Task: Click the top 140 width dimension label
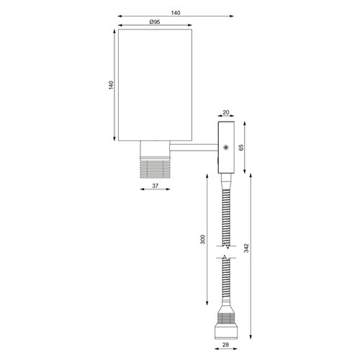(176, 13)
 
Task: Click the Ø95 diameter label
(155, 22)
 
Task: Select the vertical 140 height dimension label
(111, 85)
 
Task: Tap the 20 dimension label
(226, 112)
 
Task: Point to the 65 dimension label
(241, 148)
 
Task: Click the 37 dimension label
(156, 186)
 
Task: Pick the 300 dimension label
(203, 240)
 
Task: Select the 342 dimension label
(246, 248)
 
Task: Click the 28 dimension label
(225, 345)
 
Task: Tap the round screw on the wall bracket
(225, 148)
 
